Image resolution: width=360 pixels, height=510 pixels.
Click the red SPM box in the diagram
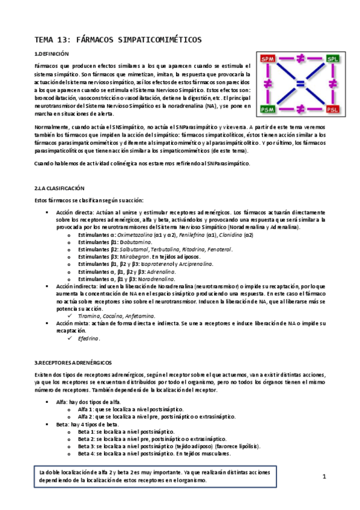tap(267, 59)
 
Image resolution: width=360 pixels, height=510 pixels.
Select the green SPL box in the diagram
tap(332, 59)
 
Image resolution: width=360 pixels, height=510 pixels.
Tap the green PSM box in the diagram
tap(267, 109)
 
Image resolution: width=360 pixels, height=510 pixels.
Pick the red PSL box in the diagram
tap(332, 109)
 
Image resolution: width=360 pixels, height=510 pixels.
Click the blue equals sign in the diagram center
tap(300, 84)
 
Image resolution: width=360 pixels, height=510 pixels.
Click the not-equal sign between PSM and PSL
tap(300, 109)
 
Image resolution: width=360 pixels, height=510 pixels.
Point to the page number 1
tap(323, 476)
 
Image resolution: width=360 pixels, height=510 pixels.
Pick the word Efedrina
tap(89, 339)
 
